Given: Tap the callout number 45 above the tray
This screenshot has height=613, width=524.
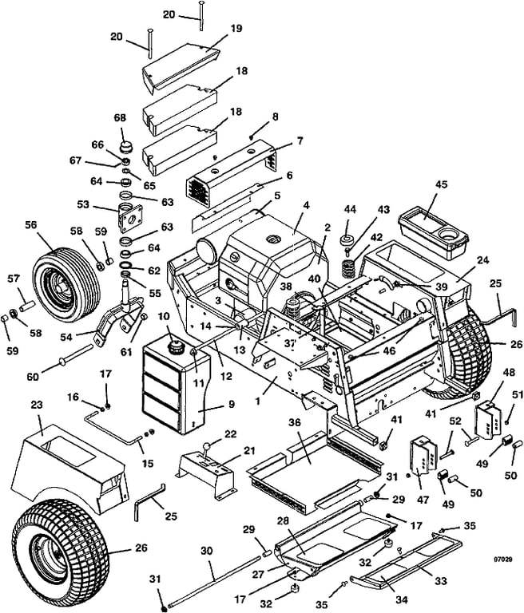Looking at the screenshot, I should (440, 185).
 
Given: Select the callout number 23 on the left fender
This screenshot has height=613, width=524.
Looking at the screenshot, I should (36, 405).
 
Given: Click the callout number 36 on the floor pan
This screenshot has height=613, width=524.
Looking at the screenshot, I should (296, 424).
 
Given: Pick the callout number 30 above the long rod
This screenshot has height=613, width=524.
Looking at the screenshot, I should (206, 552).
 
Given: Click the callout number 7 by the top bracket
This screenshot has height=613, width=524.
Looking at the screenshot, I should (276, 141).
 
